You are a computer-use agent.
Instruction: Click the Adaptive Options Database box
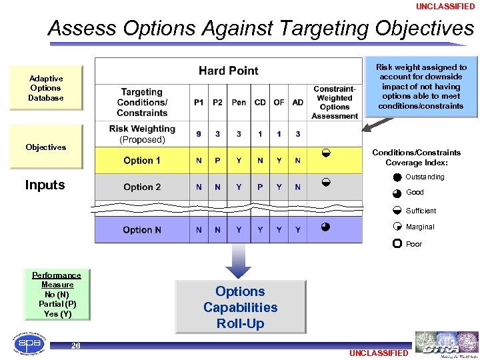(x=46, y=88)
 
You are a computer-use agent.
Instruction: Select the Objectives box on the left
(x=46, y=147)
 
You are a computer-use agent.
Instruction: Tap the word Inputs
(x=45, y=185)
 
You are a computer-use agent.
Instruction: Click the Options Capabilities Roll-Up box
(x=240, y=307)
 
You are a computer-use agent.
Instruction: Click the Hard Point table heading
(x=228, y=71)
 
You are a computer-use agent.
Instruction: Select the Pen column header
(x=239, y=103)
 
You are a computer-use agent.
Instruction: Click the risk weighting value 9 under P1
(x=199, y=134)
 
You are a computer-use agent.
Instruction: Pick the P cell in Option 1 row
(x=217, y=161)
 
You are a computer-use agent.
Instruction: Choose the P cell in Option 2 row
(x=260, y=187)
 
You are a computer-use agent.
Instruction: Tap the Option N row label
(x=142, y=230)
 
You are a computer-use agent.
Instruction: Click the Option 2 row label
(x=142, y=187)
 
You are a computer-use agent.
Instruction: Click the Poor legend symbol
(x=397, y=244)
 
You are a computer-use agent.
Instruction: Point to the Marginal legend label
(x=420, y=227)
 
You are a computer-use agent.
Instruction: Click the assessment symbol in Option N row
(x=325, y=227)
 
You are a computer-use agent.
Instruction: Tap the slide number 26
(x=76, y=345)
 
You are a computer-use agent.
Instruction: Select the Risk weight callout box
(x=421, y=87)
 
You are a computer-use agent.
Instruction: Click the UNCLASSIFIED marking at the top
(x=445, y=7)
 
